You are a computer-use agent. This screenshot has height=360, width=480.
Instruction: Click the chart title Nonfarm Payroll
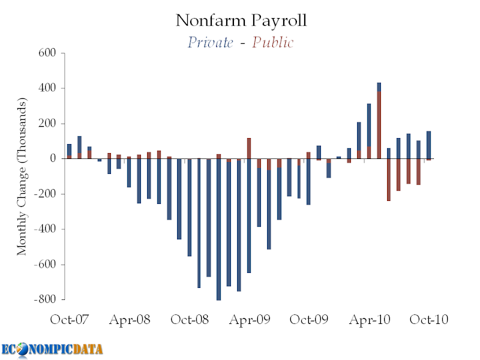pos(241,20)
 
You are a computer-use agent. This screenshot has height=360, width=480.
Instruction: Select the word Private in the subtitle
pos(210,43)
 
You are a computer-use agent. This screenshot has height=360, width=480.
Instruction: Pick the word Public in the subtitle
pos(273,43)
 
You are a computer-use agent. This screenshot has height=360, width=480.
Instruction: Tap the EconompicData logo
pos(52,349)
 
